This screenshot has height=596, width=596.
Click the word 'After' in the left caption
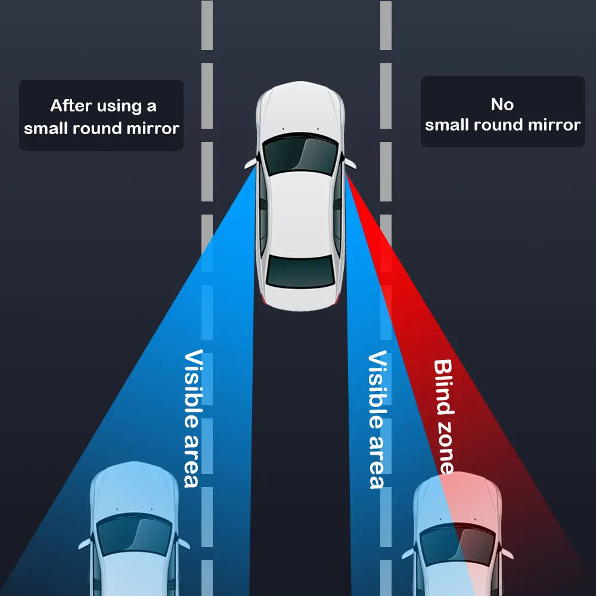[x=70, y=106]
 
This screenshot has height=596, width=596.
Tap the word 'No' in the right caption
[x=502, y=105]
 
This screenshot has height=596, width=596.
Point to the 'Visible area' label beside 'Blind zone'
[x=376, y=420]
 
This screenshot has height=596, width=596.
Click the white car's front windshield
[x=300, y=154]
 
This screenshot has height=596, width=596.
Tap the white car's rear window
[x=300, y=271]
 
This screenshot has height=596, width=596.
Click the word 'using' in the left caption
[x=112, y=106]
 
